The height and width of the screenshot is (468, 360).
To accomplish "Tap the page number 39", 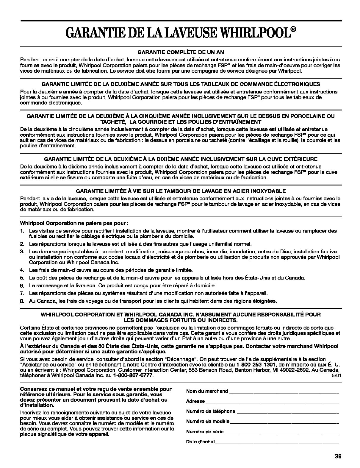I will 337,456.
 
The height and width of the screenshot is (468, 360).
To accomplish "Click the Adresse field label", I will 195,401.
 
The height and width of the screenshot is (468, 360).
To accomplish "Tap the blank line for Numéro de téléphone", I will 287,412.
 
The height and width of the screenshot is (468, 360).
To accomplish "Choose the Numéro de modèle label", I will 208,421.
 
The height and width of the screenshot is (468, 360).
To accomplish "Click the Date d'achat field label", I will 200,442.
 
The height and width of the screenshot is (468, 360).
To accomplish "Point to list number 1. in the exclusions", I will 22,231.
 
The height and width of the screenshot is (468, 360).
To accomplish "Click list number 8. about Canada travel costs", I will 22,301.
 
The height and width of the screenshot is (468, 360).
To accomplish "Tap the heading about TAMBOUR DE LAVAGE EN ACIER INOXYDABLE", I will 181,191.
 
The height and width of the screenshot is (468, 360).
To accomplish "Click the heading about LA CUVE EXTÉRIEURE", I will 181,159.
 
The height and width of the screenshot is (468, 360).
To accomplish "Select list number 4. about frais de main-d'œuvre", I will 22,270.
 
